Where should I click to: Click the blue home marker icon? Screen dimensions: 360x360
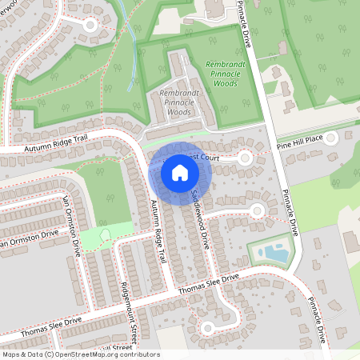click(x=179, y=172)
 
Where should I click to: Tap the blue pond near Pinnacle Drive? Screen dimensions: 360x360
click(x=276, y=254)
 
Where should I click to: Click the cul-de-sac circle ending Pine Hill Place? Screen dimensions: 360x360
click(x=331, y=138)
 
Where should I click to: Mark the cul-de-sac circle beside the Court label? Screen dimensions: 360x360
click(x=243, y=158)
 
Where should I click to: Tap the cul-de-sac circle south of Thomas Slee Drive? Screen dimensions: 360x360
click(x=208, y=327)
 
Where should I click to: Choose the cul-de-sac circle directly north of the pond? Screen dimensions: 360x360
click(x=256, y=210)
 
